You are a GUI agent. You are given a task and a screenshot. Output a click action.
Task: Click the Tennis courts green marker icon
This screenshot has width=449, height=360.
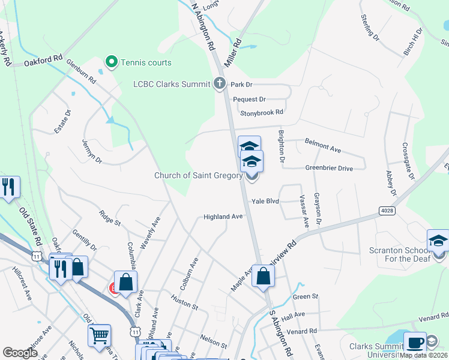tap(111, 62)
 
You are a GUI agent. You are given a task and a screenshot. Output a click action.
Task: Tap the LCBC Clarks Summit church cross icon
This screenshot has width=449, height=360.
tap(220, 84)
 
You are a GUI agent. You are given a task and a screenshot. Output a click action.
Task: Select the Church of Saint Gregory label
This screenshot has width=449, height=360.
tap(198, 176)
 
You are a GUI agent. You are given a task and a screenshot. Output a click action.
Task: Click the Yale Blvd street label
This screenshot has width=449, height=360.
tap(265, 202)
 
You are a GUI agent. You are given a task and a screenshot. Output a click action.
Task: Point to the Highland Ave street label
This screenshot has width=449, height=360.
tap(223, 217)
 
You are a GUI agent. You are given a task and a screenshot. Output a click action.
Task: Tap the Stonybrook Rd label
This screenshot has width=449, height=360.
tap(261, 112)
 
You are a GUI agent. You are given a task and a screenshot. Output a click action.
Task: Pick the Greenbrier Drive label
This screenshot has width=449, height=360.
tap(329, 169)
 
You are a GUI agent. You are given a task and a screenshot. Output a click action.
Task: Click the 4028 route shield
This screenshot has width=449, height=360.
tap(387, 211)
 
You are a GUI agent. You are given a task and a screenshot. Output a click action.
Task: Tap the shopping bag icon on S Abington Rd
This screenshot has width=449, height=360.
tap(264, 276)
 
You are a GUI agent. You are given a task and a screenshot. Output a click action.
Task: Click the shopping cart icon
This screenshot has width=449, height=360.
tap(100, 335)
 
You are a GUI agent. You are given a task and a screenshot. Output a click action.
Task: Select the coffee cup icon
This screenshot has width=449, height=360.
tap(415, 343)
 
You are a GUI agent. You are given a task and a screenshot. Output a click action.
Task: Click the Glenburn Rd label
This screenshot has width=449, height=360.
tap(82, 71)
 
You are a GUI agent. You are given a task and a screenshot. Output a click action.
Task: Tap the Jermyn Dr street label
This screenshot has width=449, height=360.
tap(92, 151)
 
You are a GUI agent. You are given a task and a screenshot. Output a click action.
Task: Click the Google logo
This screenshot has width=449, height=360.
tap(19, 353)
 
